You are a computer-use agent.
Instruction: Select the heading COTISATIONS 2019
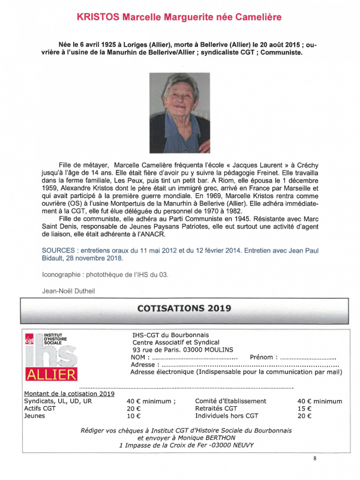click(184, 308)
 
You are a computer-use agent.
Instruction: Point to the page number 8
click(315, 459)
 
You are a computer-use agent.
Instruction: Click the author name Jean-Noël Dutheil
click(69, 291)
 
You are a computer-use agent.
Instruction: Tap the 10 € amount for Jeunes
click(133, 415)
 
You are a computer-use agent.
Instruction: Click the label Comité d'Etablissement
click(230, 401)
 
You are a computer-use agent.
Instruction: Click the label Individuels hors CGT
click(227, 415)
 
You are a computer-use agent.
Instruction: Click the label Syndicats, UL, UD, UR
click(58, 401)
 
